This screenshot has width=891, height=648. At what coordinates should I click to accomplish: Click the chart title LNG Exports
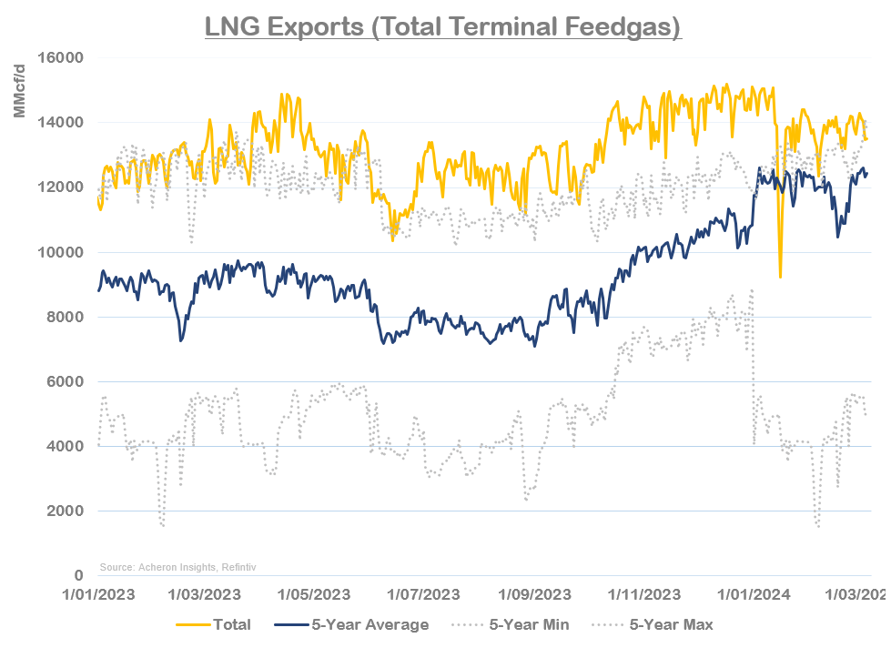(443, 27)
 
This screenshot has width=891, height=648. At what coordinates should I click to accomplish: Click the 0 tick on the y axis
(79, 576)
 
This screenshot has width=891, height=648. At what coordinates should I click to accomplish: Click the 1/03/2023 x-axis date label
(203, 595)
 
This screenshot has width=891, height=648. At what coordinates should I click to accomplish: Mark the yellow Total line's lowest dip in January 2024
(780, 277)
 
